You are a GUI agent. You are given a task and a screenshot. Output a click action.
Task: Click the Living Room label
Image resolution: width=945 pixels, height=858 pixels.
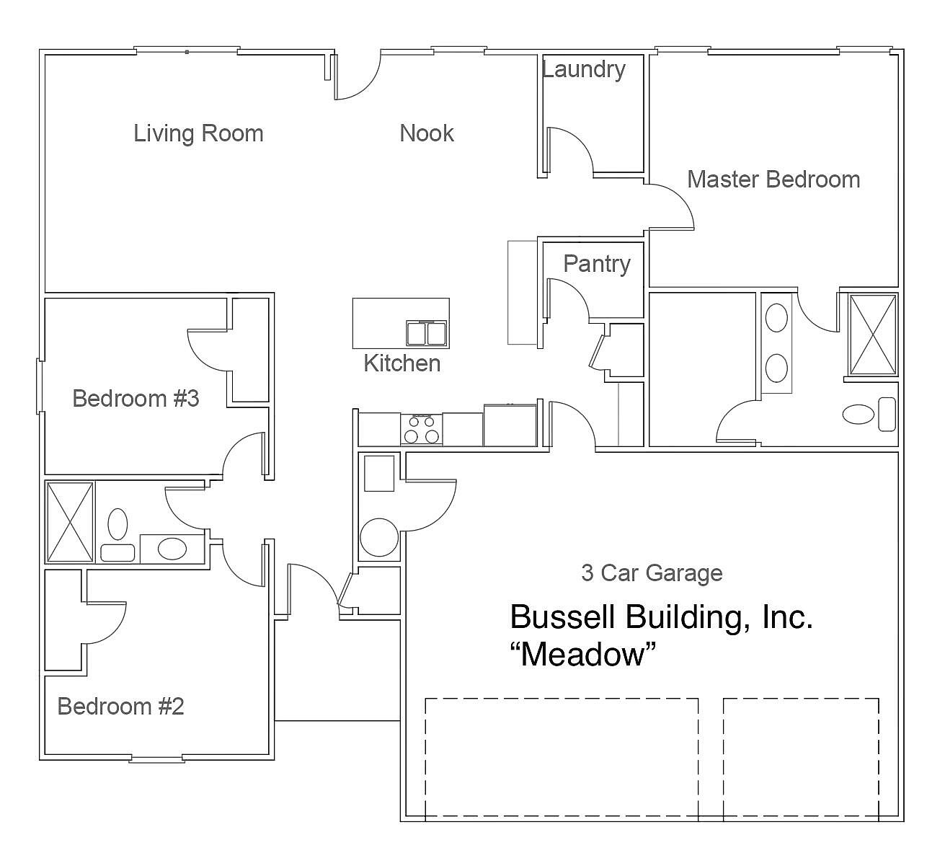coord(198,133)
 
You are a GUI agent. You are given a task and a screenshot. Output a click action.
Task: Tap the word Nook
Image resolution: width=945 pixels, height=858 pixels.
coord(427,133)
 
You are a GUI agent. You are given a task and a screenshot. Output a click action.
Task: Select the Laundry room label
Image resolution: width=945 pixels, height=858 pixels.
coord(583,70)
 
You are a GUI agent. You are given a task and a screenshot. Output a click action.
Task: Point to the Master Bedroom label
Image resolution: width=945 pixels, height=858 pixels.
coord(773,179)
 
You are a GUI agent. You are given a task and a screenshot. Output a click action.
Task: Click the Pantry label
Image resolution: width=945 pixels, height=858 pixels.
coord(596,264)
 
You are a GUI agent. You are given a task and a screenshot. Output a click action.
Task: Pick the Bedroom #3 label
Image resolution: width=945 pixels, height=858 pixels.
coord(136,398)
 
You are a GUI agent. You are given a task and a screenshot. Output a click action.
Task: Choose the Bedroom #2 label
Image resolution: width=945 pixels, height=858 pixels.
coord(120,706)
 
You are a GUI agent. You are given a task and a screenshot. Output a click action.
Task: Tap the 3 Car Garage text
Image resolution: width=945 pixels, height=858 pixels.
coord(652,573)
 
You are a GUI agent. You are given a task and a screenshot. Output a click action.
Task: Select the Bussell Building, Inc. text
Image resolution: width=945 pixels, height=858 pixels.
coord(661,617)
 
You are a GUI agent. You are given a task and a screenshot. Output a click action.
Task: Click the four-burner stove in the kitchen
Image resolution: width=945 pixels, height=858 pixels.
coord(421,430)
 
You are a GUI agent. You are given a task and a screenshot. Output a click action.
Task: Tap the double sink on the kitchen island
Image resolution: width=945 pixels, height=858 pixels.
coord(426,334)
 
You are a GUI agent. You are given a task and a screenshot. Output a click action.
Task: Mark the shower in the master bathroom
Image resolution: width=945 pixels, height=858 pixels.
coord(873,335)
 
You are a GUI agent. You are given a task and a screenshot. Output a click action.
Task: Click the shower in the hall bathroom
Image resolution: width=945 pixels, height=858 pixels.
coord(70,522)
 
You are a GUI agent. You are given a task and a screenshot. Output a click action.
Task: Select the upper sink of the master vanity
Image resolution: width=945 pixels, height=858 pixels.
coord(776,318)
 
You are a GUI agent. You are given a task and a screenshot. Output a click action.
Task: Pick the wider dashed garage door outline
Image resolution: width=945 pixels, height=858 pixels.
coord(561,757)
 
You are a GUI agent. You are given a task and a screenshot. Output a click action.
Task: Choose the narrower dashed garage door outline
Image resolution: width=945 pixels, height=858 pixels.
coord(801,757)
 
